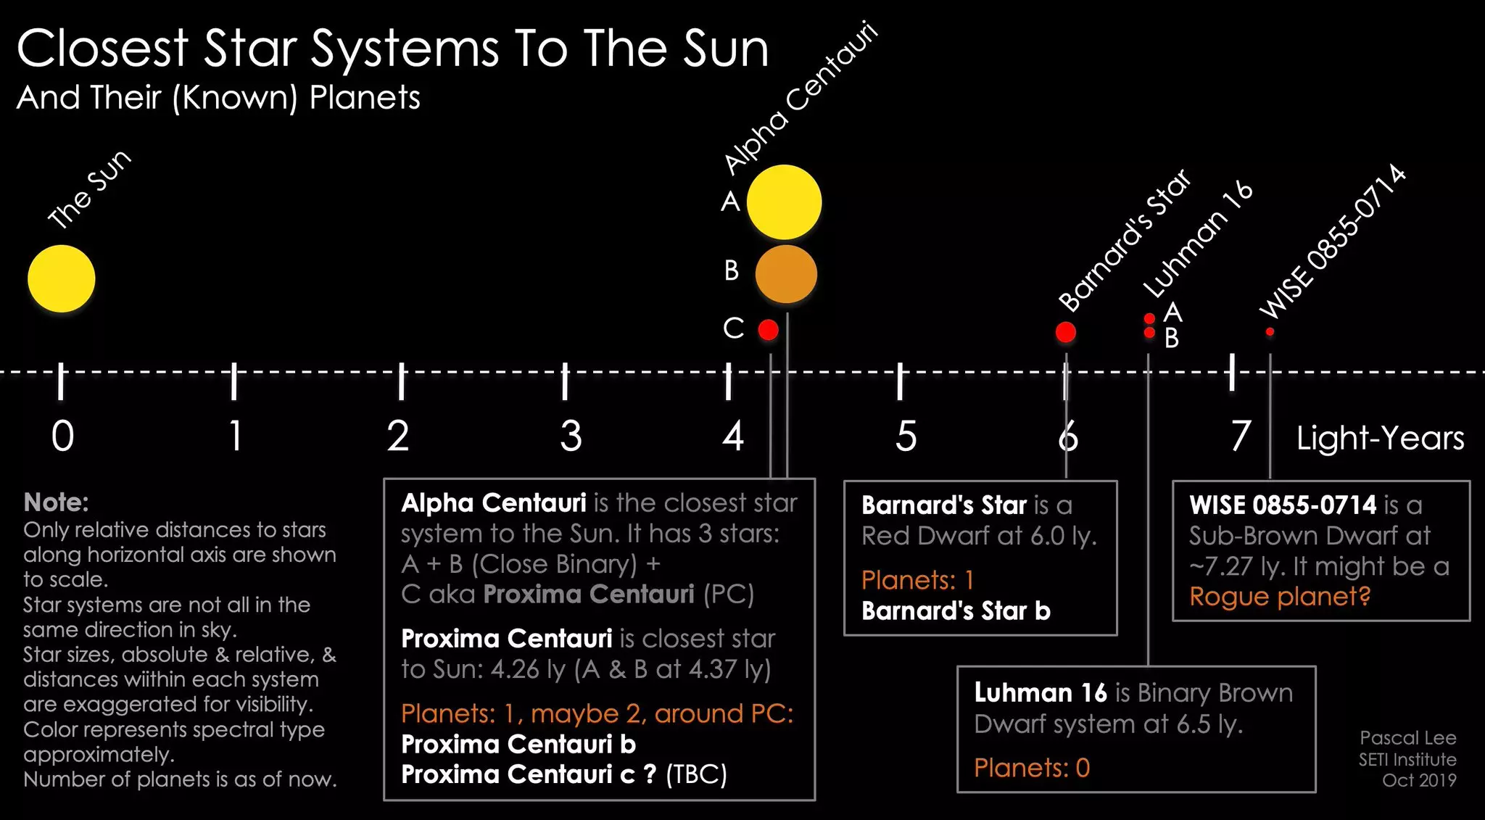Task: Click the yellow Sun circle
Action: tap(62, 278)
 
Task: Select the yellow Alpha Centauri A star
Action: tap(784, 202)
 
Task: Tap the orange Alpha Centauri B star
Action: tap(786, 274)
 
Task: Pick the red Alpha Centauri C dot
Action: tap(769, 330)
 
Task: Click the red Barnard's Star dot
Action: tap(1066, 332)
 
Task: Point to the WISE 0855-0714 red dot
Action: tap(1270, 332)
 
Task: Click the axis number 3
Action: tap(571, 436)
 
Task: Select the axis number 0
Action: tap(62, 436)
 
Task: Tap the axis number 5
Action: tap(906, 436)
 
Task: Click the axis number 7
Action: tap(1241, 436)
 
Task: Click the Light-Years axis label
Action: tap(1381, 438)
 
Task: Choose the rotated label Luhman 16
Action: tap(1198, 239)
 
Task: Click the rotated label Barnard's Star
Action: tap(1125, 240)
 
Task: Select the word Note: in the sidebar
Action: tap(56, 502)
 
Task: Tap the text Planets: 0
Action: tap(1032, 767)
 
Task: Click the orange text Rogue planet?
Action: tap(1280, 597)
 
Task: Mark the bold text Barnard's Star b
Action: tap(956, 611)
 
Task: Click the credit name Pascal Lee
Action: tap(1408, 738)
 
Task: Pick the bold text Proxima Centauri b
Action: tap(518, 744)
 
